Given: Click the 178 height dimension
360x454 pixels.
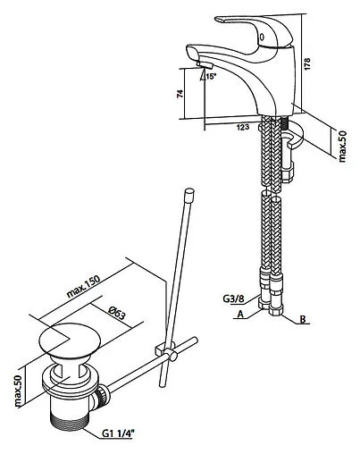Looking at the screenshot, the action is coord(307,63).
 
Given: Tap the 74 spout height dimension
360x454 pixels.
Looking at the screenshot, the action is coord(180,94).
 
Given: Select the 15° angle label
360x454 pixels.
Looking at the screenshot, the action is coord(211,76).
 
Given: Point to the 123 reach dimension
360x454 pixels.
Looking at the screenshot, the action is coord(243,127).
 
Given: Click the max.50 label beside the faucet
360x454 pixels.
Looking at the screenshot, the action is coord(342,147).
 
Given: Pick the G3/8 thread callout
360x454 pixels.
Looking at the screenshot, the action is coord(233,298).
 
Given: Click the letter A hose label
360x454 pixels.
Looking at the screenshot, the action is coord(240,314).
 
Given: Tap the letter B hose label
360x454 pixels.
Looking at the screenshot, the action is coord(303,319).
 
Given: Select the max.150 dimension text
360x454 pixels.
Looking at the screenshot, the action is coord(83,287).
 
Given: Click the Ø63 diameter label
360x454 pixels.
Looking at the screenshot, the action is coord(116,313).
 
